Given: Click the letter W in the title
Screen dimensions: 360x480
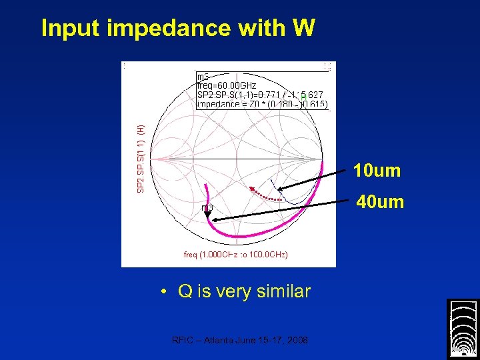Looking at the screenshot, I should click(303, 28).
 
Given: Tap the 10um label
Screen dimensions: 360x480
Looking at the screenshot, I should click(377, 171).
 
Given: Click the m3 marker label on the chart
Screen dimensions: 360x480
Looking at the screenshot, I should click(207, 208).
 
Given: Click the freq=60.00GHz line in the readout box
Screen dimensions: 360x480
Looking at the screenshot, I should click(227, 86).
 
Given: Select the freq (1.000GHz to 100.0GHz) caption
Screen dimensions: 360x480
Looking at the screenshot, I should click(235, 255).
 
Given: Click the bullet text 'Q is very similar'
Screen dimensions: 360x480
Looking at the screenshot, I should click(244, 291).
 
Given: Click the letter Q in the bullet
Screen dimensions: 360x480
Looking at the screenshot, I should click(185, 291).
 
